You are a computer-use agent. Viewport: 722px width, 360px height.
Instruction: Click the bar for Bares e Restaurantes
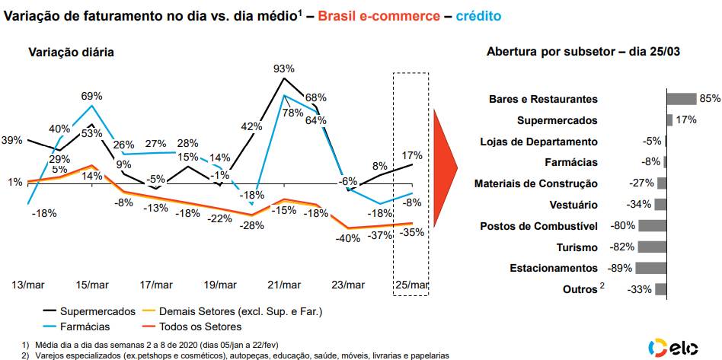[682, 99]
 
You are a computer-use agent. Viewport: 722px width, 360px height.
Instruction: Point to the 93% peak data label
[283, 69]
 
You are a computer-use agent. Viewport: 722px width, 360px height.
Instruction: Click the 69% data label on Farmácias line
[92, 96]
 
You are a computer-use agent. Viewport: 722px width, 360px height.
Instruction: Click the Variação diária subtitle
[72, 53]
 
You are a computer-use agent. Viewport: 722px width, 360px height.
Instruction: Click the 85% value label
[710, 99]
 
